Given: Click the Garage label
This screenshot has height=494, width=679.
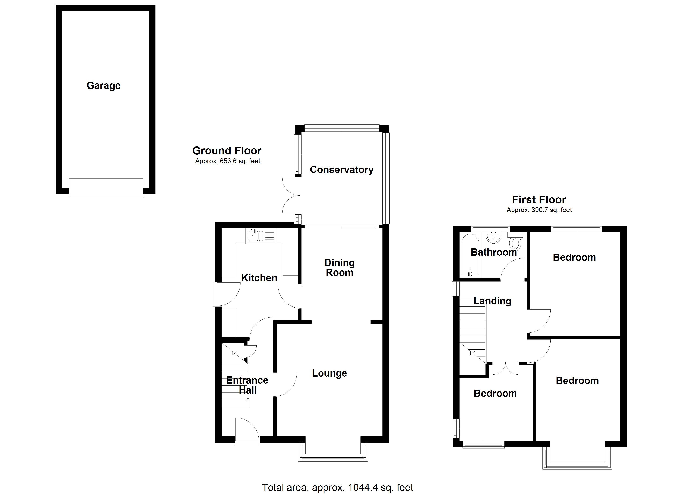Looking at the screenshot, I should (103, 86).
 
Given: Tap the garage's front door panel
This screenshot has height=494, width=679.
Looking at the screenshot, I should (106, 188).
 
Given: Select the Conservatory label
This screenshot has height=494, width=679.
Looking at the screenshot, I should (341, 170).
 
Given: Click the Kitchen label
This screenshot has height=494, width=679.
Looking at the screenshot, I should (259, 278).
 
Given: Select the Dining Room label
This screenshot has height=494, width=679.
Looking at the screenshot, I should (339, 268).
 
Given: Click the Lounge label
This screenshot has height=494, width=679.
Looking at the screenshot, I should (329, 373).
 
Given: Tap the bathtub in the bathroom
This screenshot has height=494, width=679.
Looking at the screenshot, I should (470, 255).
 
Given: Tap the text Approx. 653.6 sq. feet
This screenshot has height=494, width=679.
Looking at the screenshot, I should (228, 161).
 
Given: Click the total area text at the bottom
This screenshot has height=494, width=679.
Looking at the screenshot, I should (337, 487).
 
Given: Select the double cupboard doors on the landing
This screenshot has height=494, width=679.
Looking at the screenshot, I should (505, 368).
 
